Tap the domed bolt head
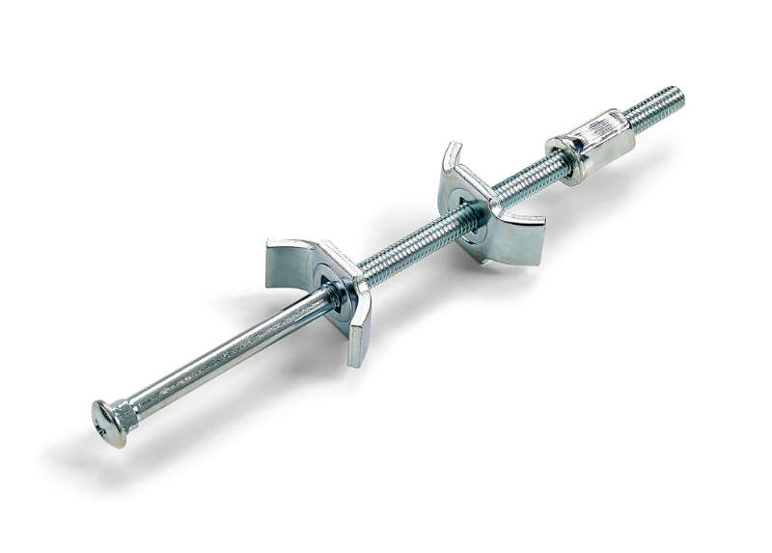click(x=111, y=424)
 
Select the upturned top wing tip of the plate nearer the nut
click(x=452, y=152)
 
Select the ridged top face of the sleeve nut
click(x=594, y=130)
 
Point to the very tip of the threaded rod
click(x=681, y=94)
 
